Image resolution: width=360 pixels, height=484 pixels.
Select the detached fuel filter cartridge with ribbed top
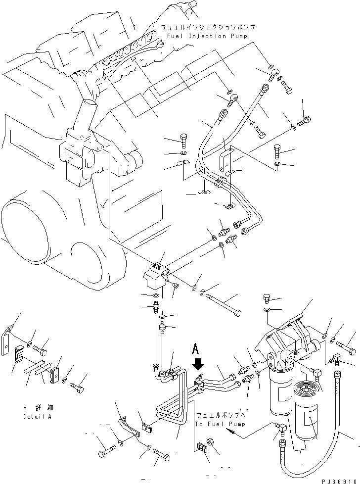click(308, 408)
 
